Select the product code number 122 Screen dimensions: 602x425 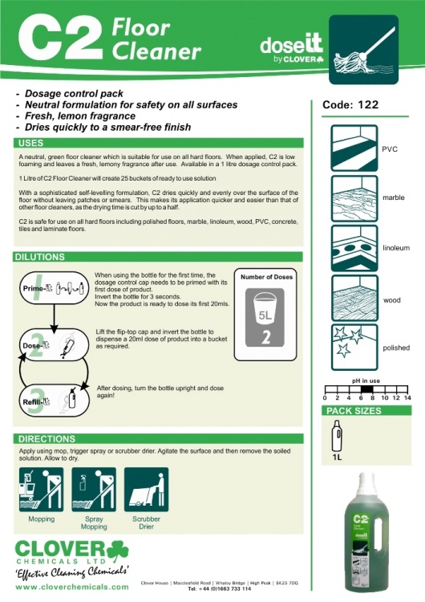(x=368, y=104)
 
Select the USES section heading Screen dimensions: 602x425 (x=32, y=143)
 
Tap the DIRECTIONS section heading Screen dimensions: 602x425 (x=46, y=439)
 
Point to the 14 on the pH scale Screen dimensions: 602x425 (x=407, y=397)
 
